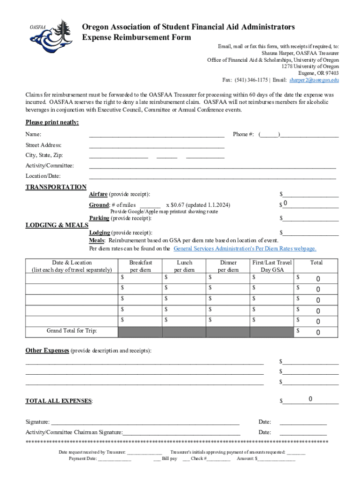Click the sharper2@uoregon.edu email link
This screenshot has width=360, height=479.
[314, 80]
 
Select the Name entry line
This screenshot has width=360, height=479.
[157, 134]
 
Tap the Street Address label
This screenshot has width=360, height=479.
[43, 145]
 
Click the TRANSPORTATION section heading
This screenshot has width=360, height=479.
[56, 187]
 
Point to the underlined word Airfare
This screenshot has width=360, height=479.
[98, 194]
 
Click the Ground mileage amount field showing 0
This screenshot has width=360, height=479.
[310, 204]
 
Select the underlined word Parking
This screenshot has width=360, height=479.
[99, 218]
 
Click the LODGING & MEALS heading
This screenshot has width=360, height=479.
[57, 225]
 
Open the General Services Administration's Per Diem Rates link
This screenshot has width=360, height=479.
[245, 248]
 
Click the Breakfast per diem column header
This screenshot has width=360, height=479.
[140, 266]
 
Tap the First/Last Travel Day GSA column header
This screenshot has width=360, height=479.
[272, 266]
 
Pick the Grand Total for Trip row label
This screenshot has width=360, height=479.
[72, 331]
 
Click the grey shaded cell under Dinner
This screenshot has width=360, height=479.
[228, 332]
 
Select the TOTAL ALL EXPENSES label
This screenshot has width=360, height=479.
[59, 401]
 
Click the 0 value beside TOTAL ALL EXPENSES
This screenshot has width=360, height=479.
[310, 399]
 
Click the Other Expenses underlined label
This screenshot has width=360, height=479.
[47, 350]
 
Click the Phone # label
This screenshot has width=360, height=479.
[243, 134]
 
